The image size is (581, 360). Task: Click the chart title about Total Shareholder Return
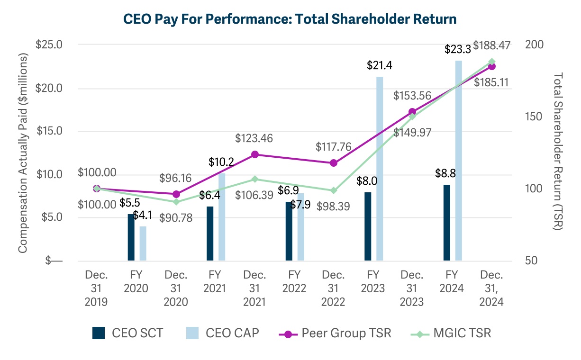click(290, 19)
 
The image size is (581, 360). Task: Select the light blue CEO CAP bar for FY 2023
click(380, 168)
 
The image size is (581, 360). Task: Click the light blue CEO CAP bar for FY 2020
click(143, 243)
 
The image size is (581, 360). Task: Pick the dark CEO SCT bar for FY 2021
click(210, 233)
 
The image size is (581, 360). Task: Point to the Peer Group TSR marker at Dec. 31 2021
click(255, 154)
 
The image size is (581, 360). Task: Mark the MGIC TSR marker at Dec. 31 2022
click(334, 190)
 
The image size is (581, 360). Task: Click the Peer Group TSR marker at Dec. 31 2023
click(412, 112)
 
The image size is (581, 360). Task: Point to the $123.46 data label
click(254, 139)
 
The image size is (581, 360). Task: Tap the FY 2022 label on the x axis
click(294, 281)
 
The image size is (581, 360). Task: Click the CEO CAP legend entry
click(223, 333)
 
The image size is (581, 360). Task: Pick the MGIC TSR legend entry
click(450, 333)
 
